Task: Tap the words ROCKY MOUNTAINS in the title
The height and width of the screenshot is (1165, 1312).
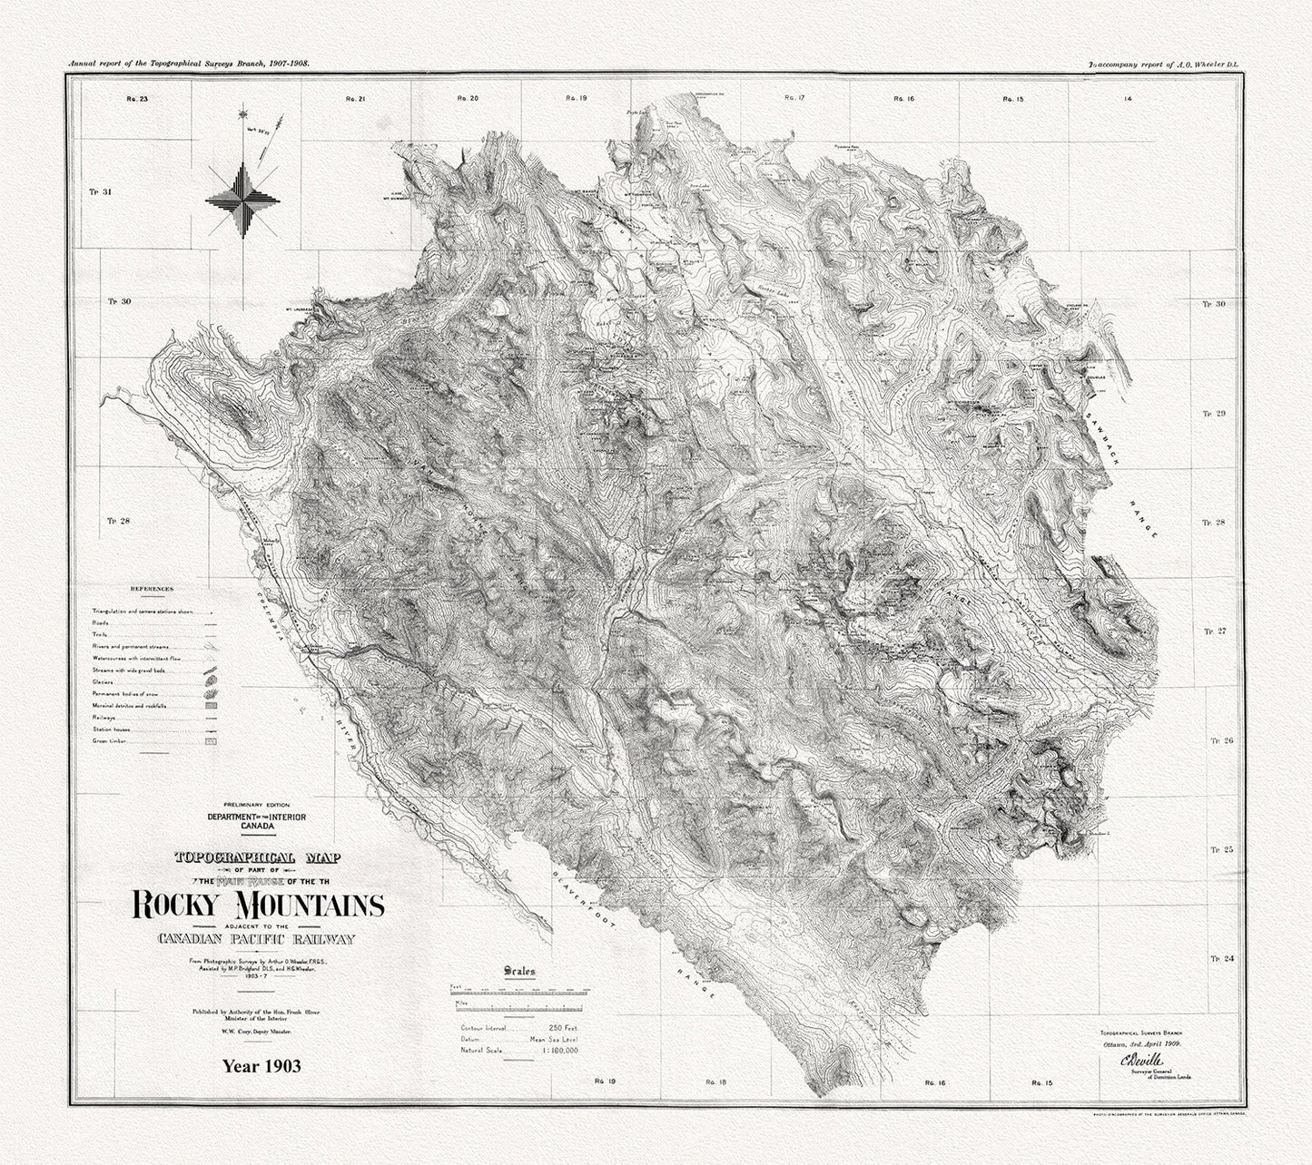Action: pyautogui.click(x=258, y=906)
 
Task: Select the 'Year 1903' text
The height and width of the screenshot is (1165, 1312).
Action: pyautogui.click(x=261, y=1066)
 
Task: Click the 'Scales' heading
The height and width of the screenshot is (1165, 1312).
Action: pyautogui.click(x=519, y=971)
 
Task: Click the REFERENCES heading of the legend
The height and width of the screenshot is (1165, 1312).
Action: pyautogui.click(x=152, y=589)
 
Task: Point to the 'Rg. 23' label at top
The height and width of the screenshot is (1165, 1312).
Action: pyautogui.click(x=138, y=97)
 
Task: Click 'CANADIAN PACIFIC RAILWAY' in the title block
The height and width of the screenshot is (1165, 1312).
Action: pyautogui.click(x=255, y=939)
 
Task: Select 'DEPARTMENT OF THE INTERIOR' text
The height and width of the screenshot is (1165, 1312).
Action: pyautogui.click(x=257, y=817)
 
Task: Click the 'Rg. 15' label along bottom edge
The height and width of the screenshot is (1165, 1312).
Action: pyautogui.click(x=1041, y=1082)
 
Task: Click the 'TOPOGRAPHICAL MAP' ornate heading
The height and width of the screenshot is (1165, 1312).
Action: pyautogui.click(x=248, y=857)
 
